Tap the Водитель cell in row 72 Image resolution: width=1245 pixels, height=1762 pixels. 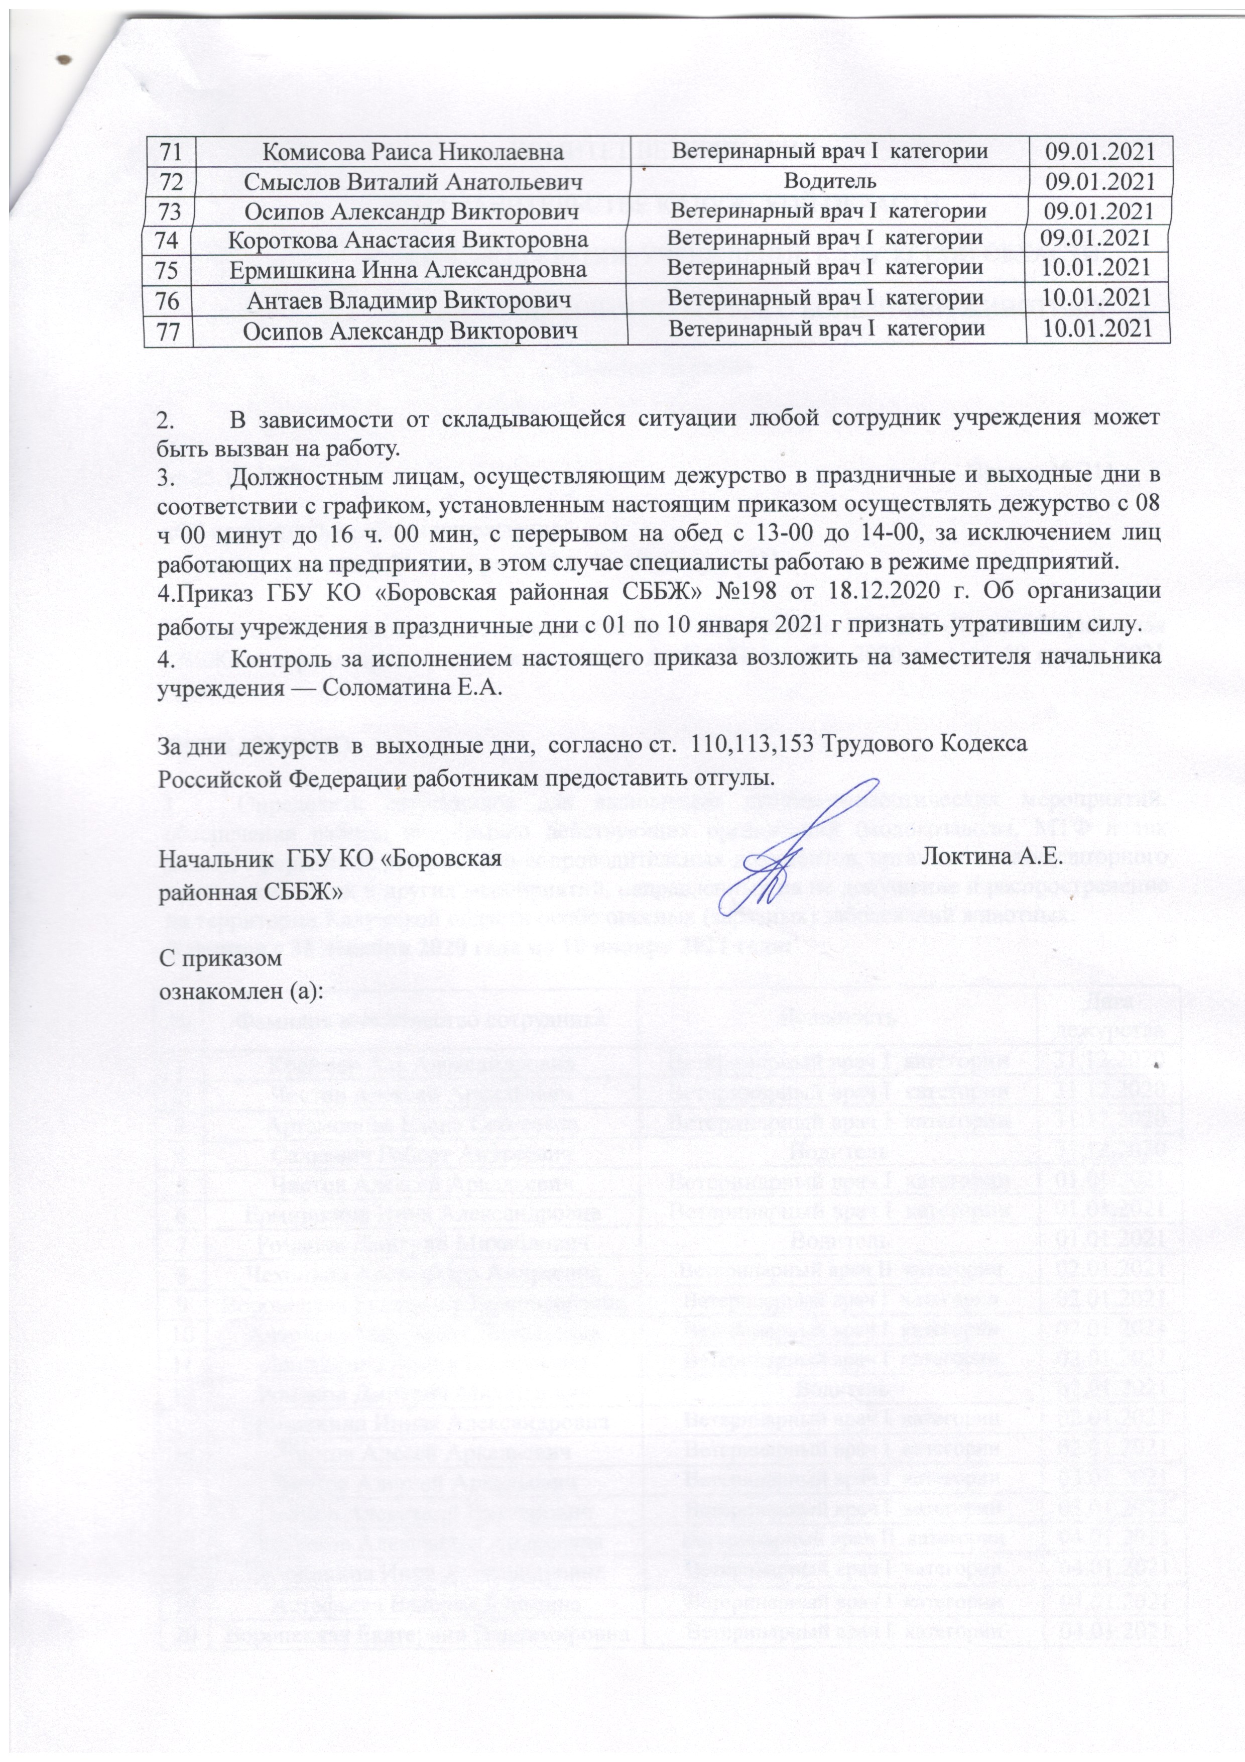829,181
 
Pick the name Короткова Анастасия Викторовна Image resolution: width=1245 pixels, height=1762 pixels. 409,240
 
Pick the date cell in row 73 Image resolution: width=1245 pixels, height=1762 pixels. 1101,210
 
